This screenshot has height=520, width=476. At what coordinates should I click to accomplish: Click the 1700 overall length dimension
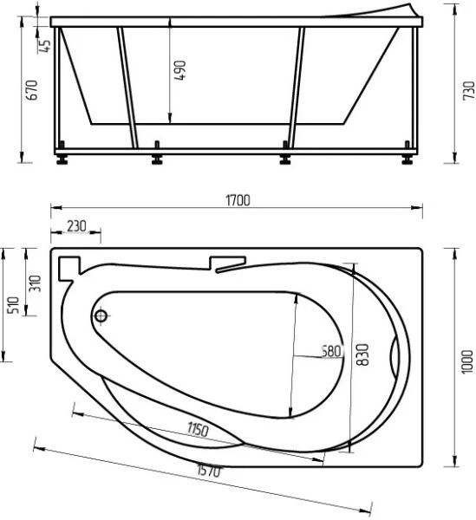pos(238,201)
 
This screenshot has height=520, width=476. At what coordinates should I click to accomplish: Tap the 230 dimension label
pos(76,226)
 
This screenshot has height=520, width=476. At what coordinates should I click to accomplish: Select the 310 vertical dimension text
pos(35,283)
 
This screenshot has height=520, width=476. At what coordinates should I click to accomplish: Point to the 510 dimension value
pos(12,305)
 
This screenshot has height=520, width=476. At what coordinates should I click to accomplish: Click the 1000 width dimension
pos(467,361)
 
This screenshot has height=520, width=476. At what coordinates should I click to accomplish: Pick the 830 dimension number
pos(362,354)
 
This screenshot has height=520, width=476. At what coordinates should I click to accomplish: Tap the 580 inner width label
pos(332,351)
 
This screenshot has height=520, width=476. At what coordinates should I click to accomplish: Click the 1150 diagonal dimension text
pos(198,430)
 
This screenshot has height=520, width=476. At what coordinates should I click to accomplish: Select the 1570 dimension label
pos(209,471)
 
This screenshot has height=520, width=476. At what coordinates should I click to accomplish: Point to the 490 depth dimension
pos(180,70)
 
